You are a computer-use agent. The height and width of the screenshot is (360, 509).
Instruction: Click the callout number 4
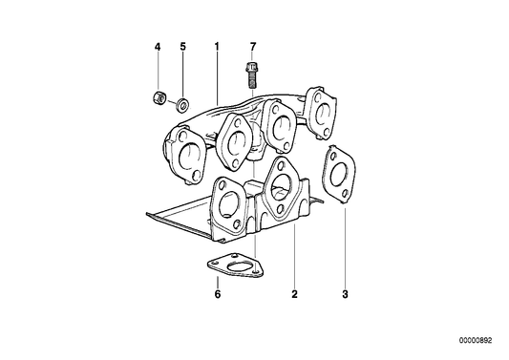click(x=158, y=47)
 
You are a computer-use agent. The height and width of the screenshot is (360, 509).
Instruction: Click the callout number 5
click(x=183, y=47)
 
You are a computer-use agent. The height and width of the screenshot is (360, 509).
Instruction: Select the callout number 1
click(x=217, y=47)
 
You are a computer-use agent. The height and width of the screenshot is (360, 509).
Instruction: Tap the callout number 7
click(x=253, y=47)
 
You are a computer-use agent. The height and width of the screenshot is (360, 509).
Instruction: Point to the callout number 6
click(x=218, y=294)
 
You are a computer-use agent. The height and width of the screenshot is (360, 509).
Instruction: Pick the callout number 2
click(x=294, y=294)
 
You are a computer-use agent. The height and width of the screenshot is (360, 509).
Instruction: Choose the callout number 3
click(x=345, y=294)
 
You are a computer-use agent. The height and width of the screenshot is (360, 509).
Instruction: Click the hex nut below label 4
click(x=159, y=97)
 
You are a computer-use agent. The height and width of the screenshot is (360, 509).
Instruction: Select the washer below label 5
click(x=183, y=105)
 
